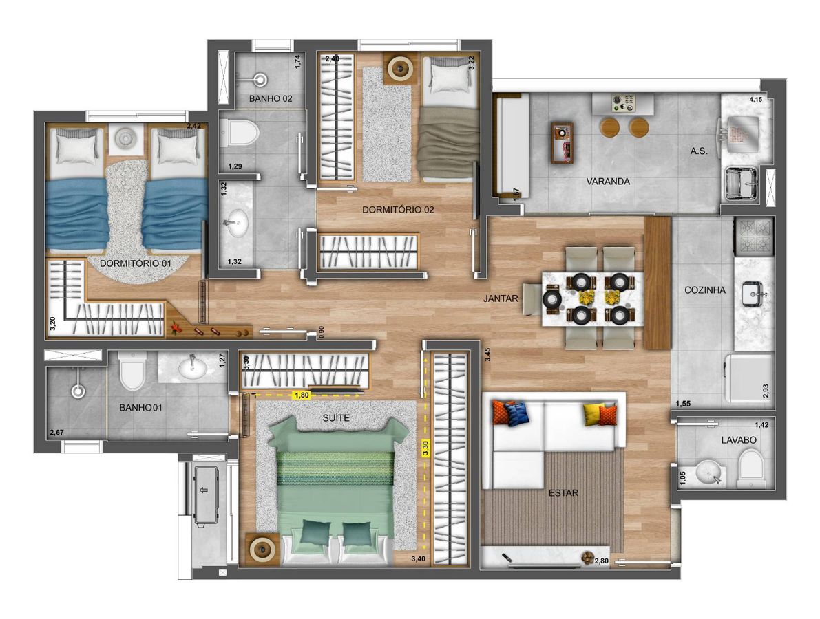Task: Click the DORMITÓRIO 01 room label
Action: [136, 263]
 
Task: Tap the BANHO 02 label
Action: [271, 98]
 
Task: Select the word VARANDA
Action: [608, 182]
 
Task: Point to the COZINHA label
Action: [705, 290]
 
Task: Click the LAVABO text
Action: [739, 440]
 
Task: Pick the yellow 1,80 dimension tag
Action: [302, 395]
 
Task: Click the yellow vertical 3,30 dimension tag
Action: [425, 448]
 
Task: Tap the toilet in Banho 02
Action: [240, 132]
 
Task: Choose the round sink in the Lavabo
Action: [710, 473]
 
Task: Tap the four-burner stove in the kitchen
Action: [754, 237]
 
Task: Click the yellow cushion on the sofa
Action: [593, 414]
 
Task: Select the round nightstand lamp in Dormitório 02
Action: [401, 67]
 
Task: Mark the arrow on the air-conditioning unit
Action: [204, 490]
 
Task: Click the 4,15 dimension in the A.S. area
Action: [756, 99]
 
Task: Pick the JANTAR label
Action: [501, 298]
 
